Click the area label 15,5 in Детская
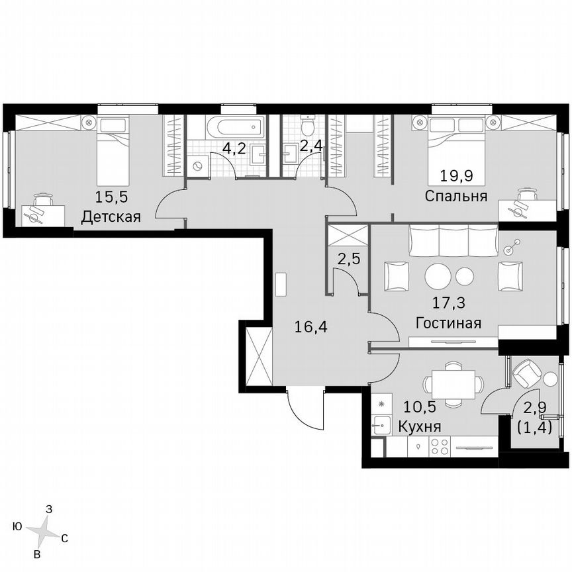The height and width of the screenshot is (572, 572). pos(111,197)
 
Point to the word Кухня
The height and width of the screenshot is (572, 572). pos(420,426)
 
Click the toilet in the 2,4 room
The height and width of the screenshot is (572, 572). pos(307,126)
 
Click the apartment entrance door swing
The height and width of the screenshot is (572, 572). pos(305,407)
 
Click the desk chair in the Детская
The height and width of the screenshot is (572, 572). pos(42,199)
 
